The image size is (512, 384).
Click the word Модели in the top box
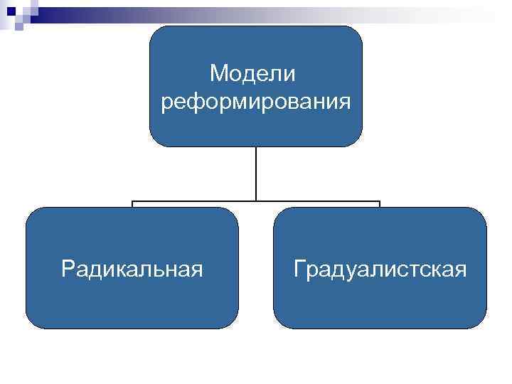255,73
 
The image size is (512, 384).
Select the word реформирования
256,102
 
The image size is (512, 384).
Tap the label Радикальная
132,269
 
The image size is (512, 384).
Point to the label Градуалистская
380,269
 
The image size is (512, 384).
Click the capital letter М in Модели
218,73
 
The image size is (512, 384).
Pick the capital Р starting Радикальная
67,269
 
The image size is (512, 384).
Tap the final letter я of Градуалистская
461,270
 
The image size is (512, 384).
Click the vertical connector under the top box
256,174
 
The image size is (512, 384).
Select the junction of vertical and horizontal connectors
256,201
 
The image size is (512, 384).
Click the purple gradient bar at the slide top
270,10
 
